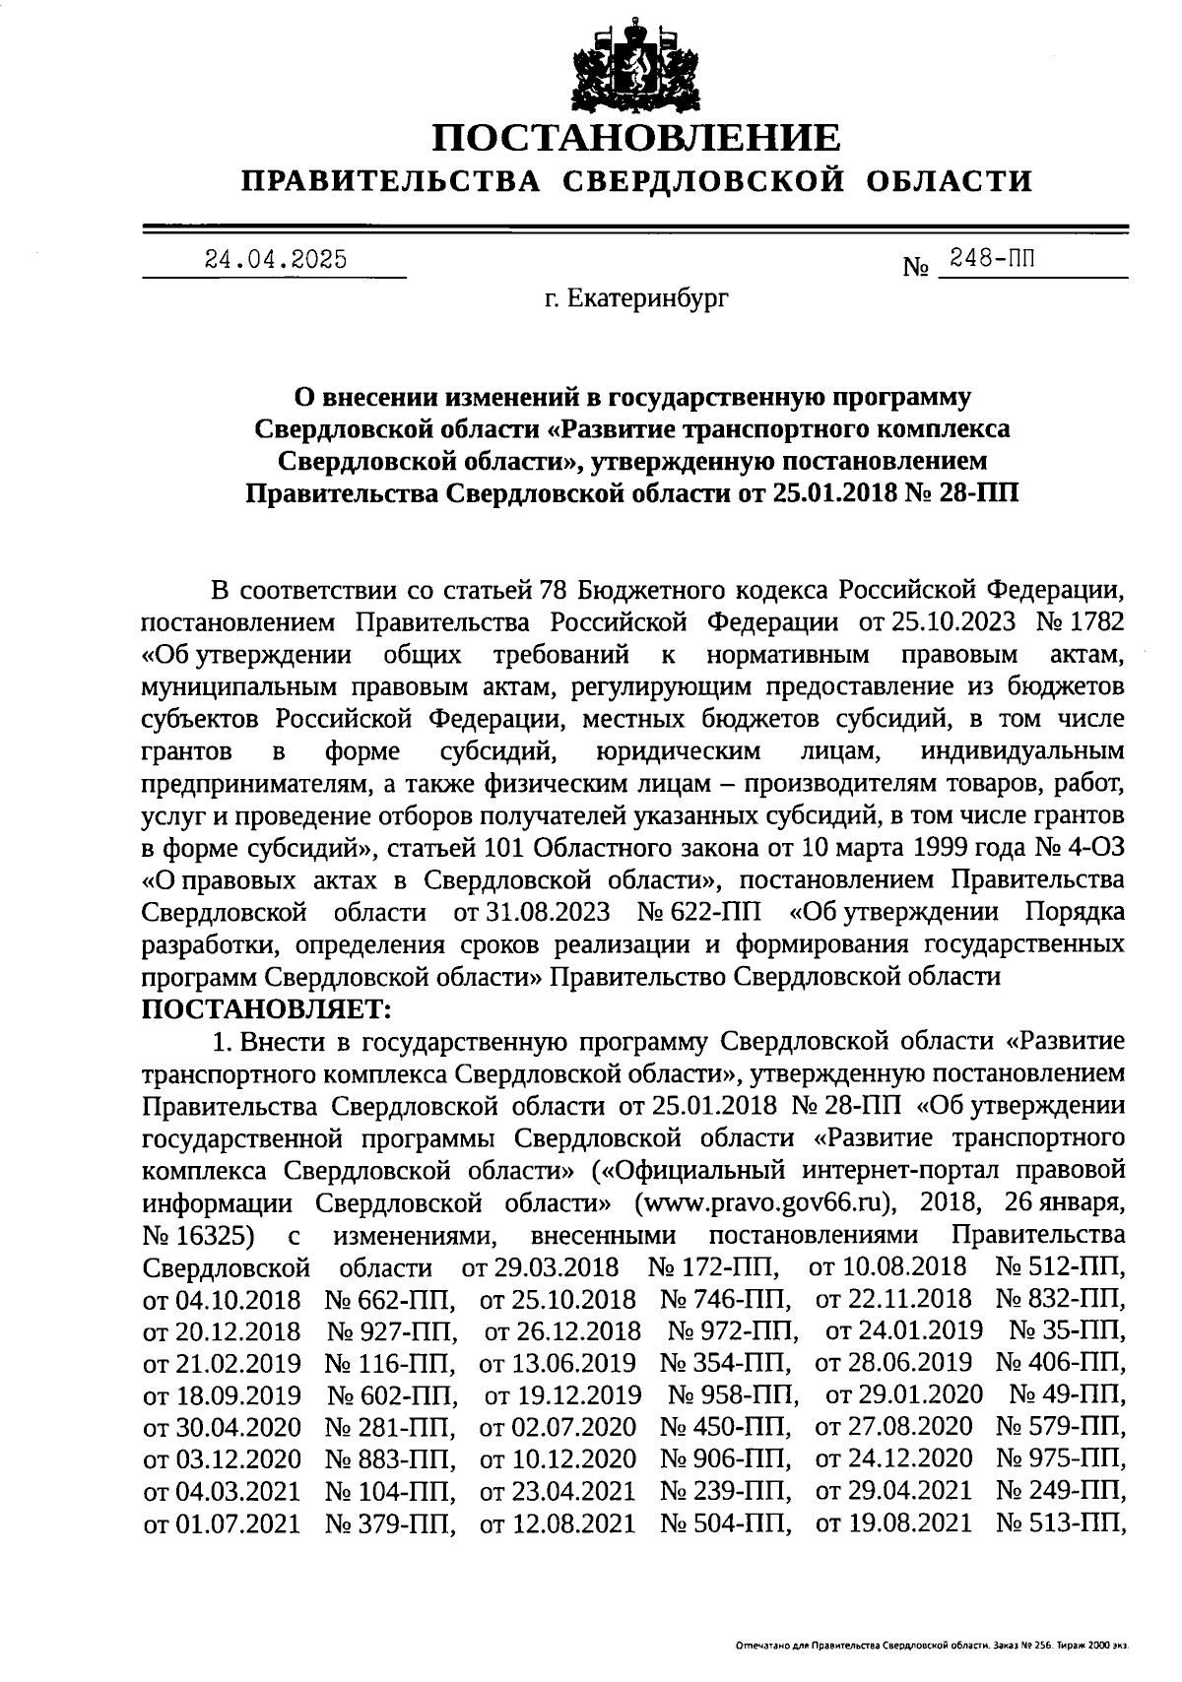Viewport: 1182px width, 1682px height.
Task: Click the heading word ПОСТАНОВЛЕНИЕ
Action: (637, 137)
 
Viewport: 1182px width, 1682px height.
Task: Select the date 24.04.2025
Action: (275, 260)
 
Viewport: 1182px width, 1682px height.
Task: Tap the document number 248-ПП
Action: (992, 259)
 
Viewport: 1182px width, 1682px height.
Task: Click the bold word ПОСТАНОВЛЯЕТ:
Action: (267, 1008)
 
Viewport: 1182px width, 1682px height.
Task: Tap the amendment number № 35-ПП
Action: (1068, 1331)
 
